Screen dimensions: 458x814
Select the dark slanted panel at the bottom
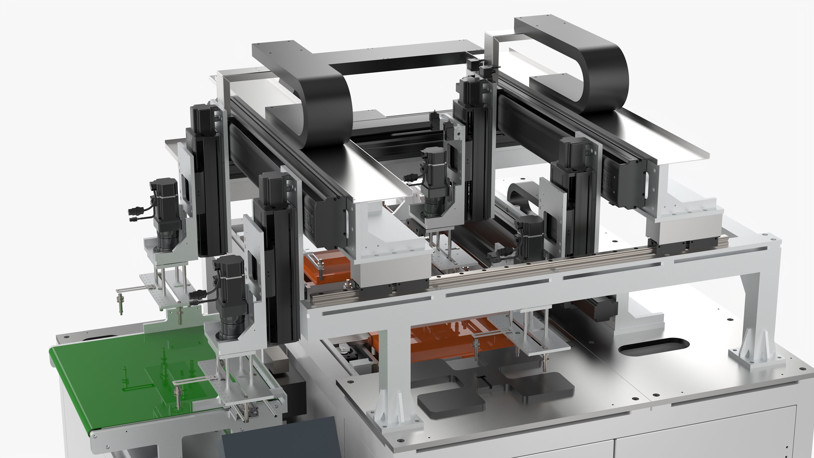(x=281, y=439)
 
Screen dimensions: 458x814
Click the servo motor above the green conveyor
(x=232, y=294)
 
